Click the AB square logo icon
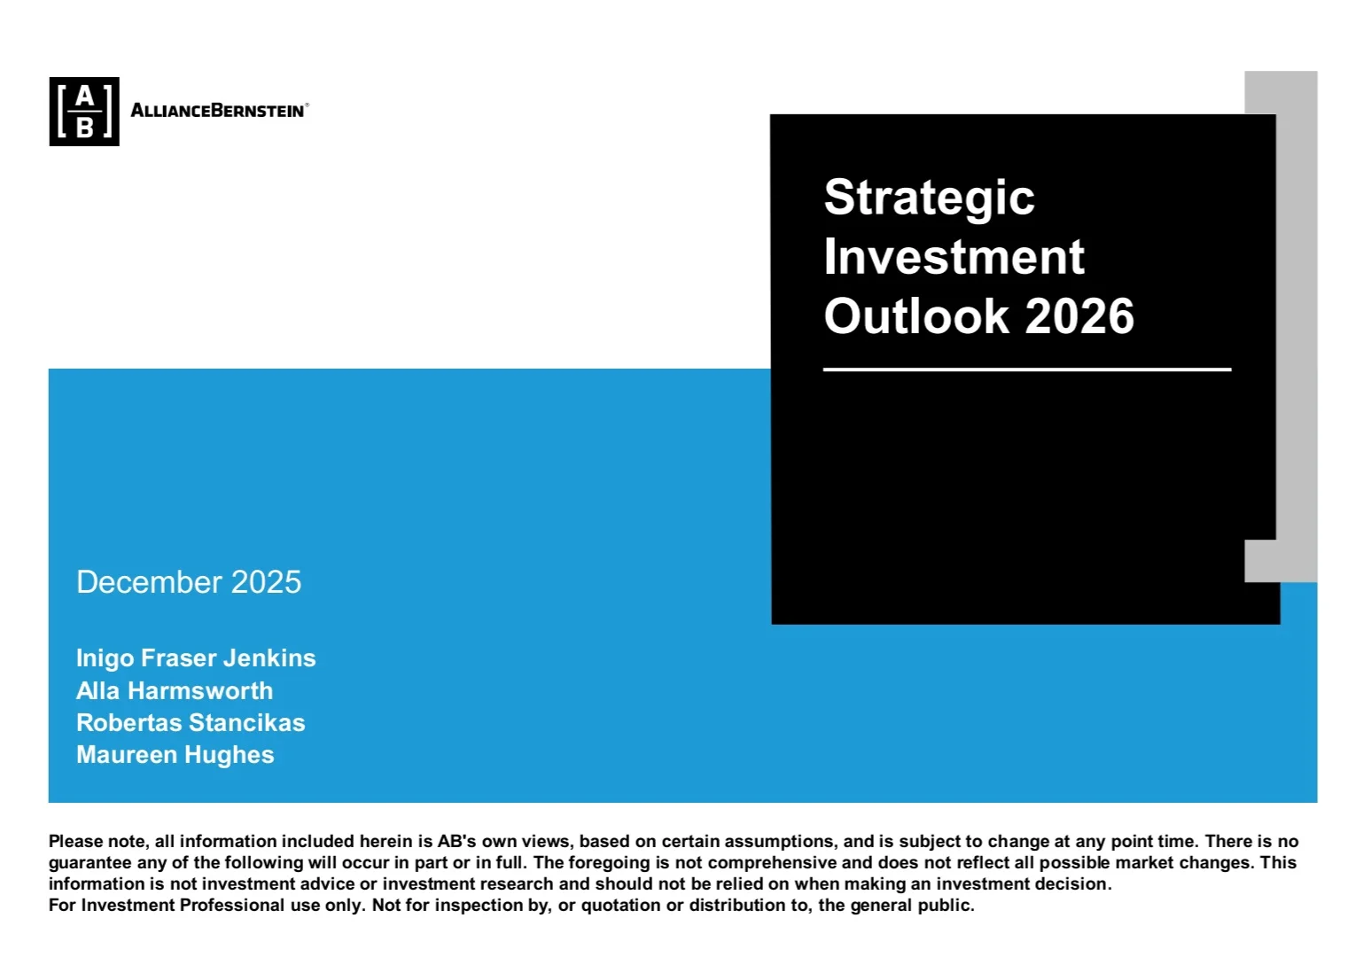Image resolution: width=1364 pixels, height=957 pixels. click(84, 112)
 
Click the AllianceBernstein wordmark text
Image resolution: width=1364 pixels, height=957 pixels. click(217, 111)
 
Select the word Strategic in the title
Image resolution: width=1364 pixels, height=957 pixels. click(929, 198)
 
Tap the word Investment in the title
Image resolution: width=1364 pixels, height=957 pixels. click(954, 257)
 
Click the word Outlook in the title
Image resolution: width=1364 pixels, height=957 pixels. click(916, 316)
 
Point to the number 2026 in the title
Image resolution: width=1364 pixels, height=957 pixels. click(1080, 316)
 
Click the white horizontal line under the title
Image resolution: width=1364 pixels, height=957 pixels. click(1026, 370)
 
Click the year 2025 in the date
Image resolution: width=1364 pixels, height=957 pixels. click(266, 582)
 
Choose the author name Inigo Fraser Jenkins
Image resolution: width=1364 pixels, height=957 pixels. click(196, 658)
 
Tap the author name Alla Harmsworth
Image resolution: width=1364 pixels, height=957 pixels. click(175, 690)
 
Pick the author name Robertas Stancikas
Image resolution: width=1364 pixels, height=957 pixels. click(191, 722)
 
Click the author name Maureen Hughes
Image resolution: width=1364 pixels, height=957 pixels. click(175, 755)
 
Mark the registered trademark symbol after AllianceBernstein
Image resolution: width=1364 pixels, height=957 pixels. click(308, 105)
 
